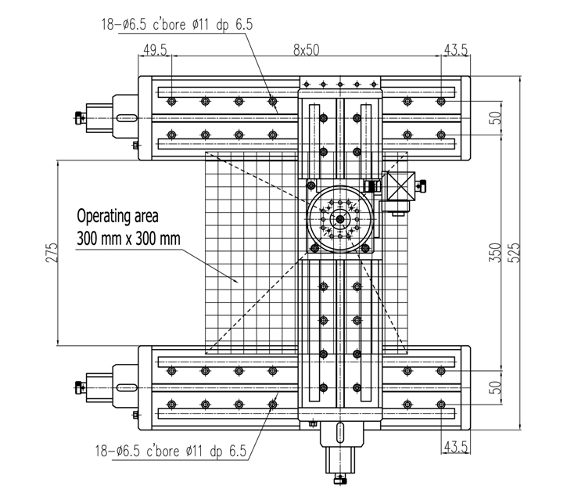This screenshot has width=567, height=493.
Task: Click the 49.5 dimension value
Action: tap(155, 50)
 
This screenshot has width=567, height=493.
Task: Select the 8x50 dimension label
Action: tap(307, 50)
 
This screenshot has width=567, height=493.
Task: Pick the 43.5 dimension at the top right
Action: tap(456, 50)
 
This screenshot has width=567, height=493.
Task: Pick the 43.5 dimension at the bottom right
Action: tap(456, 447)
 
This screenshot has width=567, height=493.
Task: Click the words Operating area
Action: tap(117, 216)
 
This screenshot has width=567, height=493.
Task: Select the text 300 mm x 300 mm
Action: tap(128, 239)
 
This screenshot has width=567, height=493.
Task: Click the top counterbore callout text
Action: tap(177, 24)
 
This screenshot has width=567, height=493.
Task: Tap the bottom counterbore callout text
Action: tap(170, 451)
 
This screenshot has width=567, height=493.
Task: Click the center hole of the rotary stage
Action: tap(340, 219)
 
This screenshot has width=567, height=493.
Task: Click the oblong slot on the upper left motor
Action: tap(127, 118)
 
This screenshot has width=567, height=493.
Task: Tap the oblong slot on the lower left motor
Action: tap(127, 387)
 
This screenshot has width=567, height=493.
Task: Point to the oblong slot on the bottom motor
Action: tap(340, 432)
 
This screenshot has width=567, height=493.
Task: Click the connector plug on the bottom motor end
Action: tap(340, 480)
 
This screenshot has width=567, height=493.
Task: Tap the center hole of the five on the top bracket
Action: tap(340, 85)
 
